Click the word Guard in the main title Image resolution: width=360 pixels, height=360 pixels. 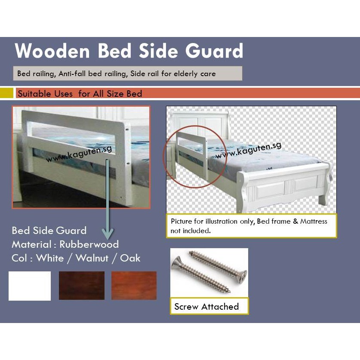point(214,51)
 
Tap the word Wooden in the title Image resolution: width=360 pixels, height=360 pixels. point(52,51)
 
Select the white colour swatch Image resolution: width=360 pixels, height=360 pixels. point(30,286)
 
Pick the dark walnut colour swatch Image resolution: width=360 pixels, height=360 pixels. point(82,286)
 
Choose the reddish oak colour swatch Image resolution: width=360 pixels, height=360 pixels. point(134,286)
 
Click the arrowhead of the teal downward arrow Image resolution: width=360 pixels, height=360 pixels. point(108,234)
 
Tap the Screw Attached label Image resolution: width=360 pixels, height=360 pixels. point(206,307)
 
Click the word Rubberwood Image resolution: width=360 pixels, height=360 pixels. point(89,244)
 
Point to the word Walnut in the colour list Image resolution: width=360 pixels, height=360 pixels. point(92,258)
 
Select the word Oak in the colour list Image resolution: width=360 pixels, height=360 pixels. point(130,258)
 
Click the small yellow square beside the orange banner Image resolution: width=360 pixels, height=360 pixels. point(6,93)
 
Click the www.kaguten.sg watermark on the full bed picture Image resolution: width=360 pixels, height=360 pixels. point(248,151)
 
